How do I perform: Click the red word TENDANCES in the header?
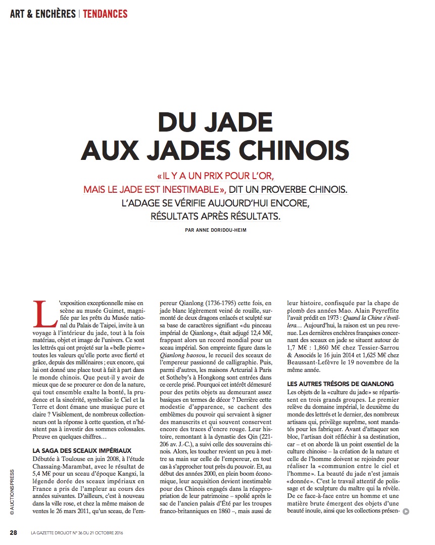(x=105, y=13)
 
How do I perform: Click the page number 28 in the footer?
(x=14, y=532)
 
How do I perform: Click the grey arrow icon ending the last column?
(x=406, y=511)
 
